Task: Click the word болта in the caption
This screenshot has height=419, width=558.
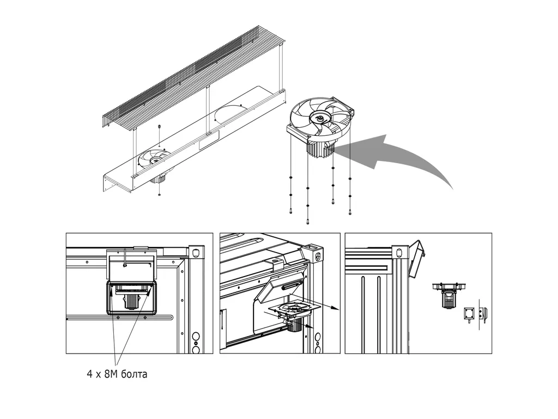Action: pyautogui.click(x=134, y=374)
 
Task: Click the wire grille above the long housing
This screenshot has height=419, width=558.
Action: pyautogui.click(x=194, y=76)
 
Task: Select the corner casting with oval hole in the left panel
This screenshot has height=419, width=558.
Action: pyautogui.click(x=196, y=253)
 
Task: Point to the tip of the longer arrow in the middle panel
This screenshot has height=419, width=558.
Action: pyautogui.click(x=339, y=309)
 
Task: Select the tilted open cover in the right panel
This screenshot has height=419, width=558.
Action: pyautogui.click(x=417, y=259)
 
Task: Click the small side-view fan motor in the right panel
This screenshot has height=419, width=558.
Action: pyautogui.click(x=449, y=296)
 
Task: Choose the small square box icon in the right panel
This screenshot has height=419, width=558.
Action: pyautogui.click(x=470, y=314)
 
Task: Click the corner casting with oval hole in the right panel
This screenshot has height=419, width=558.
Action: pyautogui.click(x=400, y=252)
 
